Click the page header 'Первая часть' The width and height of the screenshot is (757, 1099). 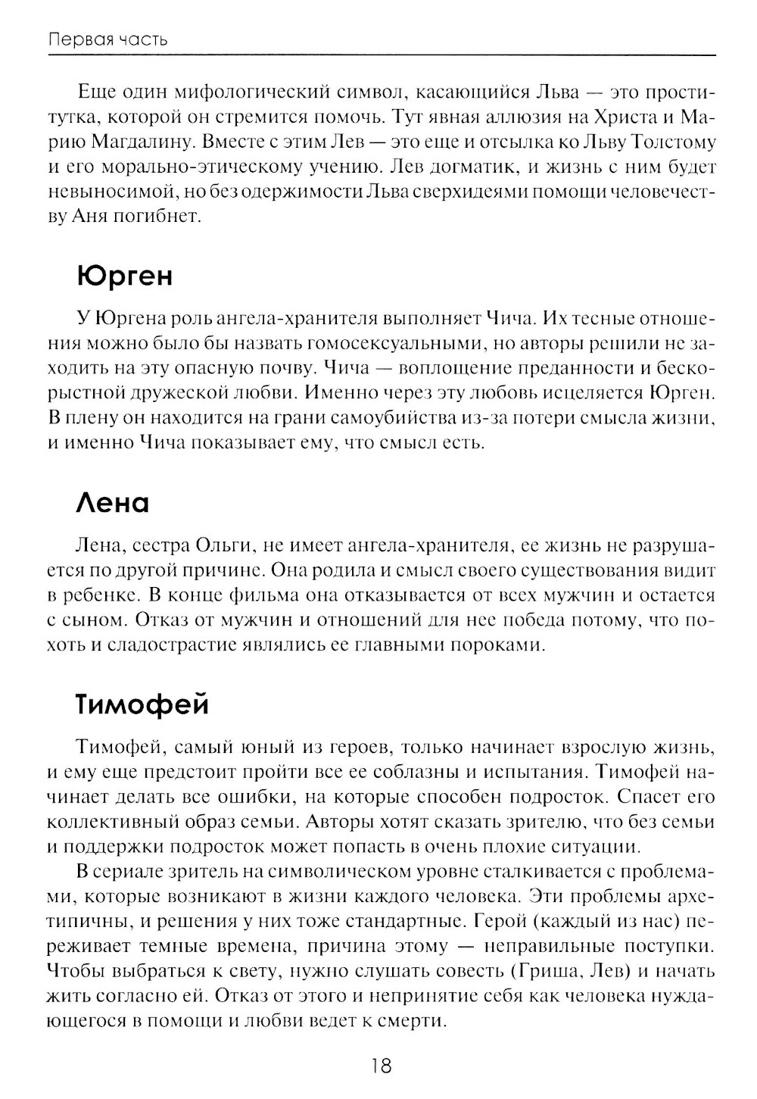pos(107,39)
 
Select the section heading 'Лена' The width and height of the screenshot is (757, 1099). pos(113,503)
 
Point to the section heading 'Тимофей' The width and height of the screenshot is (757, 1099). pos(142,704)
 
